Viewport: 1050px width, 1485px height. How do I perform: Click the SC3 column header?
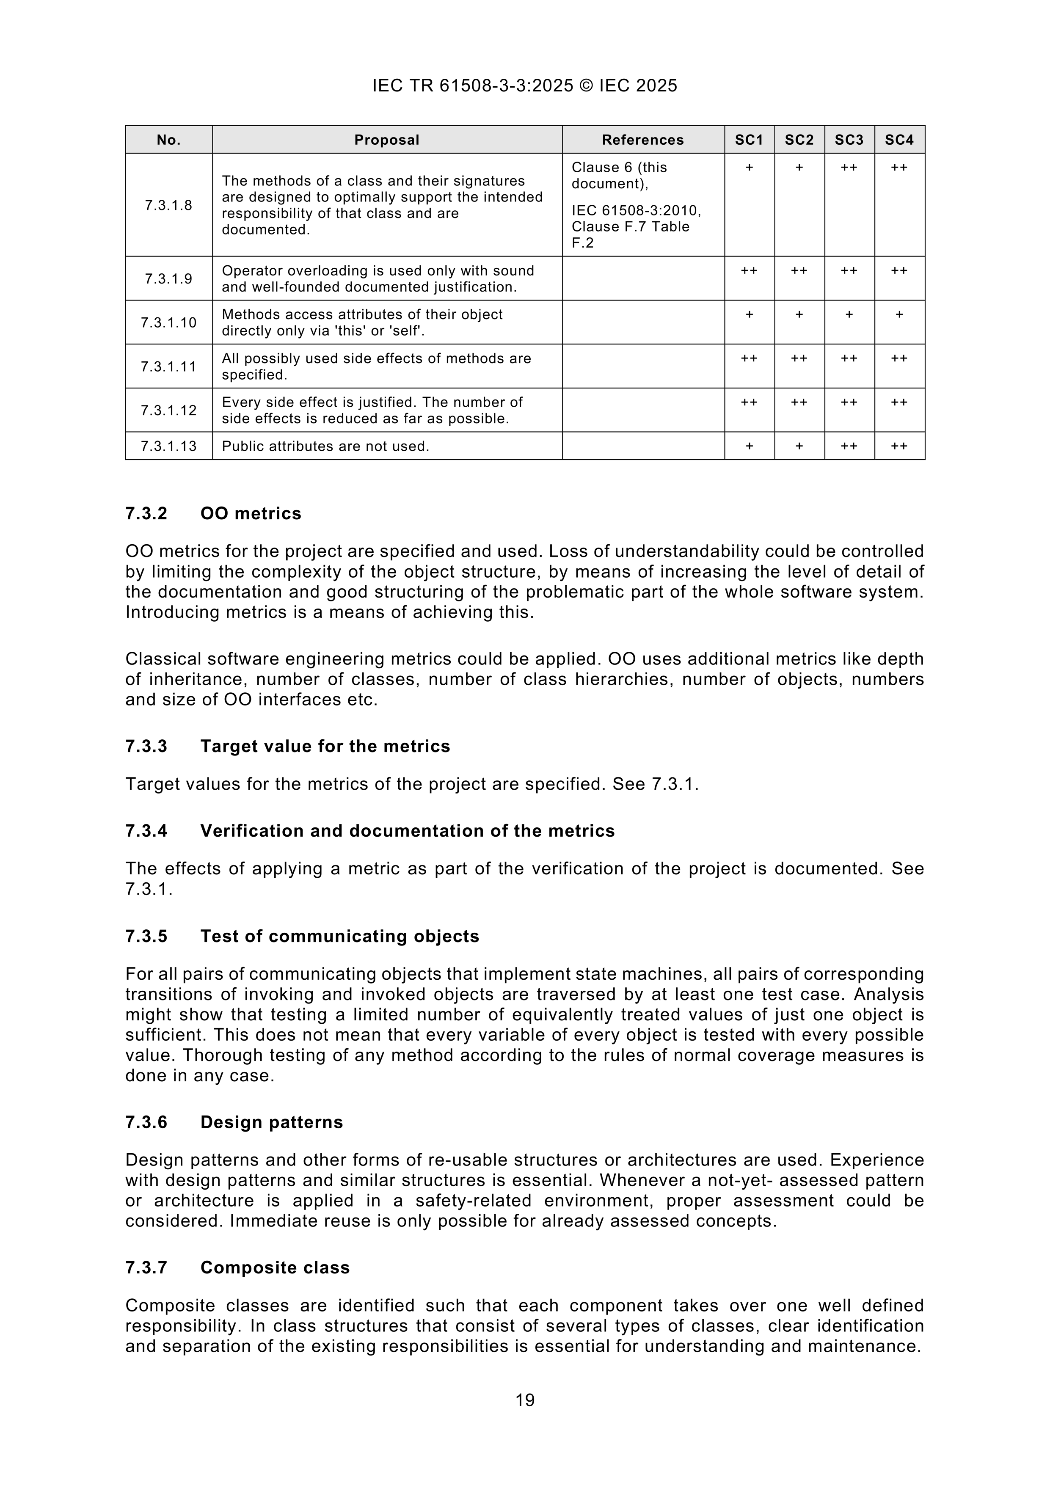coord(849,140)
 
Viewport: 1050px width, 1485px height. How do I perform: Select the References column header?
coord(642,140)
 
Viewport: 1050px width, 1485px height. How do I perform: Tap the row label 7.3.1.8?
coord(169,205)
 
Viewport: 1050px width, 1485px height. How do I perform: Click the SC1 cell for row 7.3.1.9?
coord(749,270)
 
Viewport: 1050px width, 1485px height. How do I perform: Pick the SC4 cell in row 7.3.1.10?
coord(899,314)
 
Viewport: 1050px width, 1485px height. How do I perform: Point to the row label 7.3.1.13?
coord(169,446)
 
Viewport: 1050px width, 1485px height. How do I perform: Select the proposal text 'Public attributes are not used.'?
coord(325,446)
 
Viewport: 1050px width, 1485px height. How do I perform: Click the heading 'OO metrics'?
coord(251,513)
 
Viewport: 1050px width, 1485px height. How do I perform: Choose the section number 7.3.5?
coord(146,937)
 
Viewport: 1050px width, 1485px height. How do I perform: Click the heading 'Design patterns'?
coord(272,1122)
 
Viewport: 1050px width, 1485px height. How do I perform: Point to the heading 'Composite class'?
coord(275,1267)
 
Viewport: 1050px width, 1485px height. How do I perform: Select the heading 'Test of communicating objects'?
coord(340,937)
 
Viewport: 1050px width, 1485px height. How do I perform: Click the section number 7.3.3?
coord(146,747)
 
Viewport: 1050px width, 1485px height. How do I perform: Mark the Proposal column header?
coord(387,140)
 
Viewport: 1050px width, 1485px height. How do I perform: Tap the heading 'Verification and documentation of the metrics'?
coord(408,831)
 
